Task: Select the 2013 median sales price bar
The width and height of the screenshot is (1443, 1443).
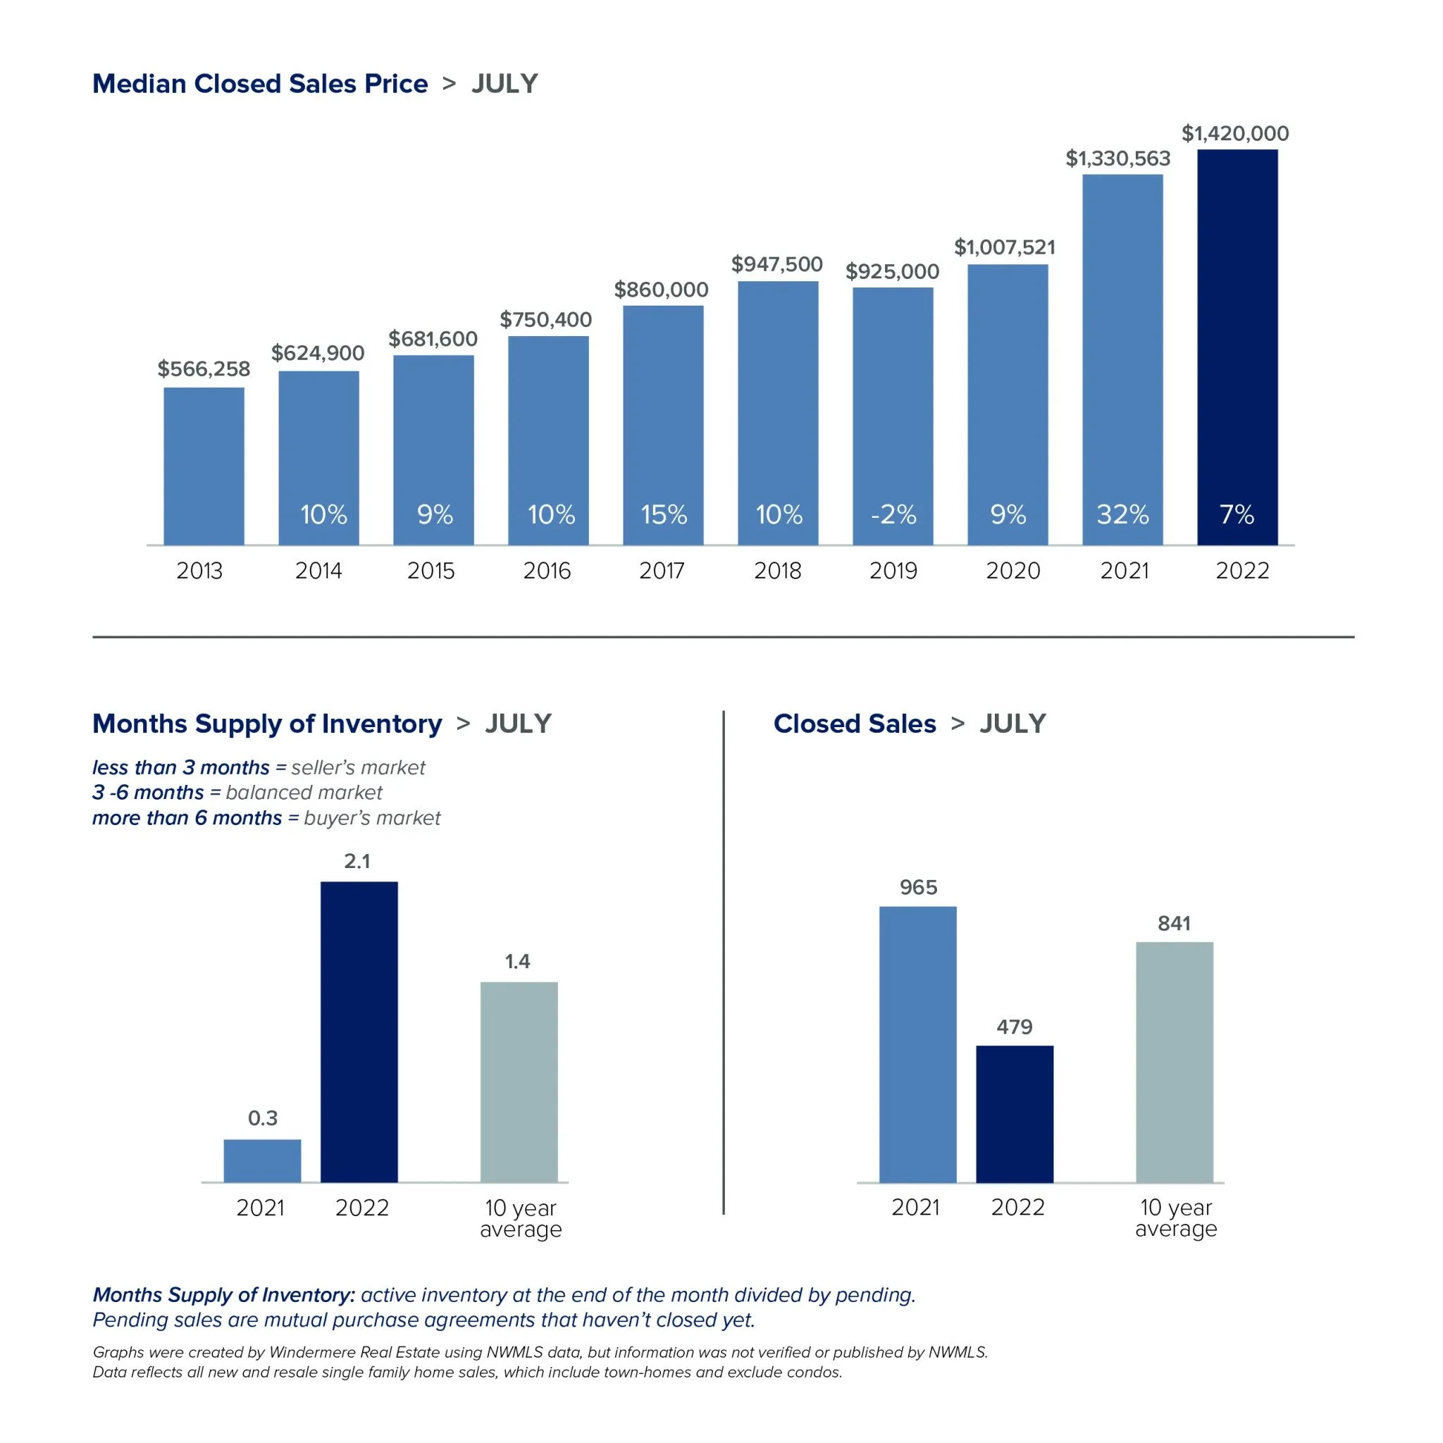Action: [x=204, y=466]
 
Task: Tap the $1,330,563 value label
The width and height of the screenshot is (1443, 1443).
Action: [x=1117, y=159]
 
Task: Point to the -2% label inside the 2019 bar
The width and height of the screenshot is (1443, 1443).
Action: [x=893, y=514]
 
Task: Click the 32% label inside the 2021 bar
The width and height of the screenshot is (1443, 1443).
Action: [x=1122, y=514]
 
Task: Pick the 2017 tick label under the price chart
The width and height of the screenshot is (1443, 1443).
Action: [x=662, y=571]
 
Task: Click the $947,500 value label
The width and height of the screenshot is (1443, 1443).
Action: [x=776, y=264]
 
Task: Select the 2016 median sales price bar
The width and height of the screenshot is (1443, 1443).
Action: [x=548, y=440]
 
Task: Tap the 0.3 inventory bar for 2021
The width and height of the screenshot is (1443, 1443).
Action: [x=262, y=1160]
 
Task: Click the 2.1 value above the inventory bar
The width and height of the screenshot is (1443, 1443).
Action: [x=357, y=861]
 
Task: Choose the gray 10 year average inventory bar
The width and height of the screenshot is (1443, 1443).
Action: [x=519, y=1082]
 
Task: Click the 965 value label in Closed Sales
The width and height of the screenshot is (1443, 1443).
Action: [x=918, y=887]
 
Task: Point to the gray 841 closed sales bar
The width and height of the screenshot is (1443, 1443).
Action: [x=1174, y=1062]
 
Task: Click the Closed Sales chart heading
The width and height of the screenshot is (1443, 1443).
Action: [x=855, y=724]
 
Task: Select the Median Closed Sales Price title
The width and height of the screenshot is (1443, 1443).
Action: [x=260, y=84]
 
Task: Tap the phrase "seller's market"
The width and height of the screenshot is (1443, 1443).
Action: [x=358, y=768]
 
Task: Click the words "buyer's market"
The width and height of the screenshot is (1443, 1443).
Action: [x=372, y=818]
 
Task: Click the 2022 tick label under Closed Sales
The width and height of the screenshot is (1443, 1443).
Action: [x=1017, y=1208]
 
